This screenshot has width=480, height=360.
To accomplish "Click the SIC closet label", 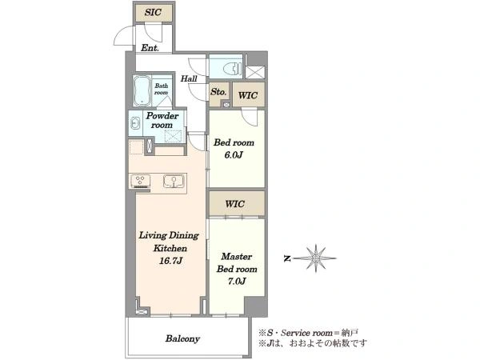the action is [153, 13].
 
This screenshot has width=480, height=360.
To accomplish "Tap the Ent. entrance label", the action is [150, 48].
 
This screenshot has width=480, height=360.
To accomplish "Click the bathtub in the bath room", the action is [142, 91].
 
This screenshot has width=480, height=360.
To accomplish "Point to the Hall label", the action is [189, 78].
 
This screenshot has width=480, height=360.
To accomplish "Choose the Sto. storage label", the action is [218, 92].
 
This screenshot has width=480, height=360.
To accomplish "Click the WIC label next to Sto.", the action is [248, 95].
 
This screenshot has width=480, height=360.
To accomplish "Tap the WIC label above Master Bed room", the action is [234, 204].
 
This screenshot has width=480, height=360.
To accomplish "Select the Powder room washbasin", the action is [134, 124].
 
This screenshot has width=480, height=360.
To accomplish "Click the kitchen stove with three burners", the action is [141, 181].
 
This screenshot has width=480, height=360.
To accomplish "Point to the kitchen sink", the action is [174, 181].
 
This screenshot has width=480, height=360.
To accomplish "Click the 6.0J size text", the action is [234, 155].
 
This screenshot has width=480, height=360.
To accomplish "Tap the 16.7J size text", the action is [170, 261].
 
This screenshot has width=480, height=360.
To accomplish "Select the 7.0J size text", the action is [237, 282].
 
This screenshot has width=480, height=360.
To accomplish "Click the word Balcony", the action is [182, 338].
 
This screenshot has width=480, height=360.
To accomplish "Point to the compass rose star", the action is [316, 258].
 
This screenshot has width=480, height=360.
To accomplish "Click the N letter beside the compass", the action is [287, 258].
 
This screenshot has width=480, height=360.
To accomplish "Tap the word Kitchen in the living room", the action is [170, 248].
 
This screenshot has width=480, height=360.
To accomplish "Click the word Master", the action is [237, 256].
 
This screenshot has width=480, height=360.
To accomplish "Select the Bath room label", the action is [162, 89].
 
